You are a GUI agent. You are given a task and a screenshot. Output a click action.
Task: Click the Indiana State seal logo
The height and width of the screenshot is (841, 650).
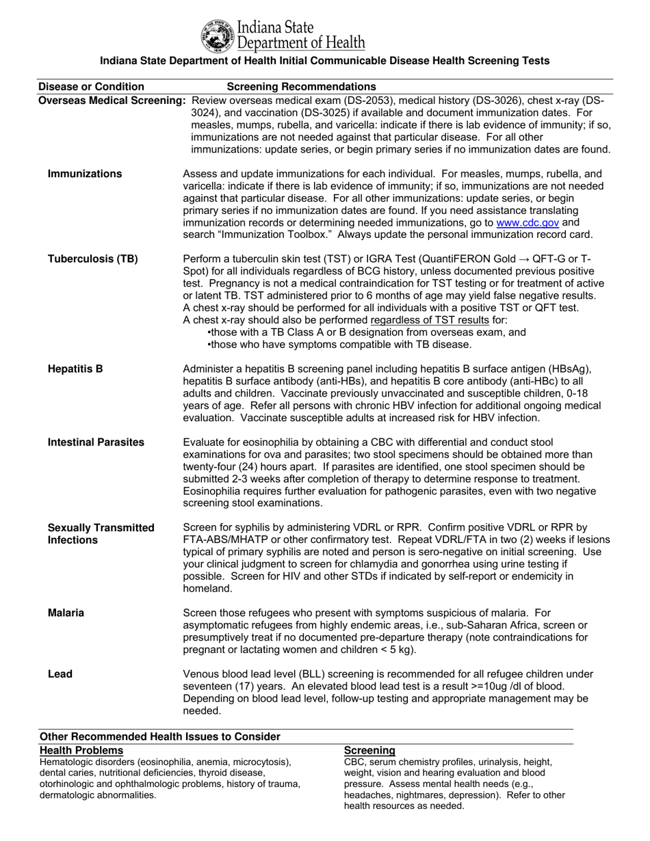click(217, 36)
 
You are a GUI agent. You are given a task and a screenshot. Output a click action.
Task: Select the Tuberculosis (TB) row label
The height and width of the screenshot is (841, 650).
click(92, 258)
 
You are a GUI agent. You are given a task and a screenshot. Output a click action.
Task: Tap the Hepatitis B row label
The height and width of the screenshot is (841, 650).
click(75, 369)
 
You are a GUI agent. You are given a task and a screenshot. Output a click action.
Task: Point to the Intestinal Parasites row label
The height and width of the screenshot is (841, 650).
click(96, 442)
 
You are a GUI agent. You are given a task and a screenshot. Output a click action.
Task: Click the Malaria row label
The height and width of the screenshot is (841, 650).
click(66, 613)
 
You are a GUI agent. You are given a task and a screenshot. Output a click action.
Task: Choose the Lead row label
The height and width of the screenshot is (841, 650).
click(60, 674)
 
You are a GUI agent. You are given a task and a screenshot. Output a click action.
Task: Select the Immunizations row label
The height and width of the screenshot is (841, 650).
click(85, 174)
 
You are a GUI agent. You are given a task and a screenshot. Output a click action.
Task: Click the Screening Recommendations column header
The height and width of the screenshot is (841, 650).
click(301, 87)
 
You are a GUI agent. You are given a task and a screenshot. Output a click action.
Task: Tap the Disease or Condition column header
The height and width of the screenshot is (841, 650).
click(91, 87)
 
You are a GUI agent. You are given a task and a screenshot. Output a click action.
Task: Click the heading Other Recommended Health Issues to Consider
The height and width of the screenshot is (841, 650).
click(160, 736)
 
